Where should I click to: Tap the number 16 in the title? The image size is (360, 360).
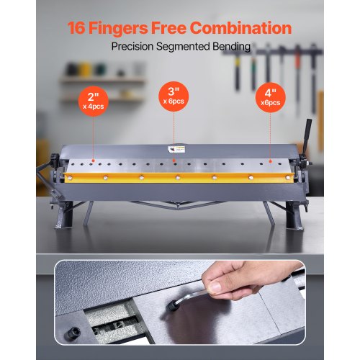(x=79, y=29)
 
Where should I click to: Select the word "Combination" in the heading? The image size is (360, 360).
(x=248, y=29)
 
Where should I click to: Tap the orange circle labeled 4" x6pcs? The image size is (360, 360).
(x=271, y=97)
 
